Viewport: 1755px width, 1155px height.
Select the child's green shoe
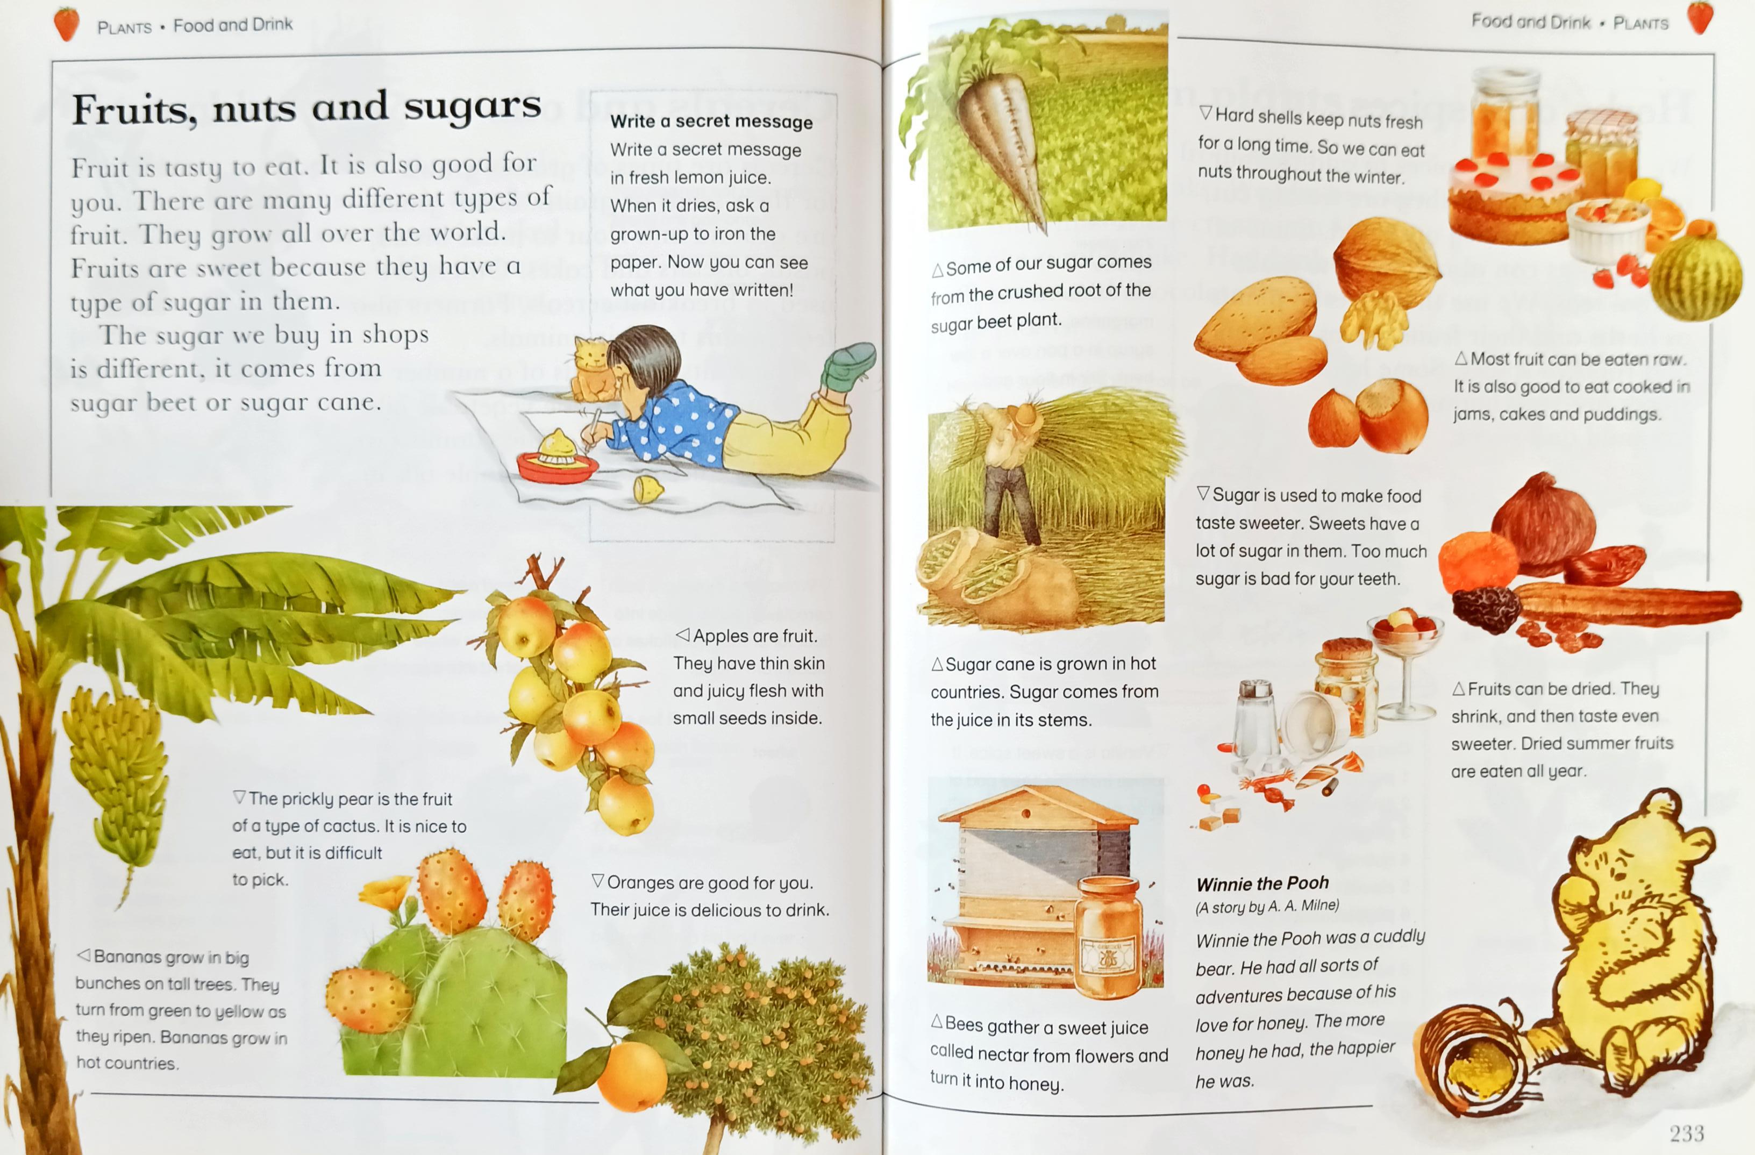click(x=848, y=366)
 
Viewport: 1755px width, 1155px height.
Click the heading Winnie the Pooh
click(x=1262, y=883)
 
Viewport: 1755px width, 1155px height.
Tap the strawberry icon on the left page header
click(x=66, y=23)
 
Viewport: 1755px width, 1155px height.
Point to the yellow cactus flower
click(x=387, y=893)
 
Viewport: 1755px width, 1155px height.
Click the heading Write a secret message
click(x=711, y=122)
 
